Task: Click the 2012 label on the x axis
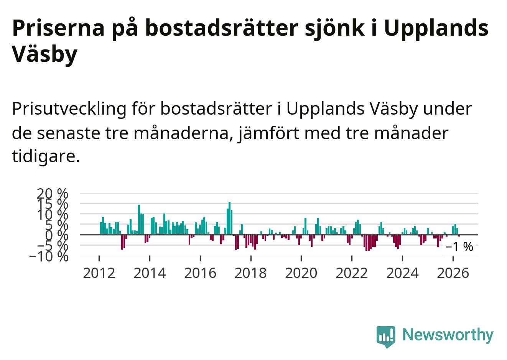click(x=99, y=273)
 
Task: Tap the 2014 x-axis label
click(x=150, y=273)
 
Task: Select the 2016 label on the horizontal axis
click(x=200, y=273)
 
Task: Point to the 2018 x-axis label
click(x=250, y=273)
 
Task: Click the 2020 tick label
click(x=301, y=273)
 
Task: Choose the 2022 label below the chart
click(x=352, y=273)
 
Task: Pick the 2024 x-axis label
click(x=402, y=273)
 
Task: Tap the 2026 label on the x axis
click(x=453, y=273)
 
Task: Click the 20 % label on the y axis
click(x=52, y=194)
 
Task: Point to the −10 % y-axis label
click(x=49, y=257)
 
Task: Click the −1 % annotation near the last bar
click(x=459, y=247)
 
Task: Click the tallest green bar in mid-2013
click(x=139, y=220)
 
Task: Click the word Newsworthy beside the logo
click(x=448, y=335)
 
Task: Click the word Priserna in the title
click(x=58, y=28)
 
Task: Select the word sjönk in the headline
click(x=335, y=30)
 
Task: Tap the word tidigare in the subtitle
click(x=46, y=156)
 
